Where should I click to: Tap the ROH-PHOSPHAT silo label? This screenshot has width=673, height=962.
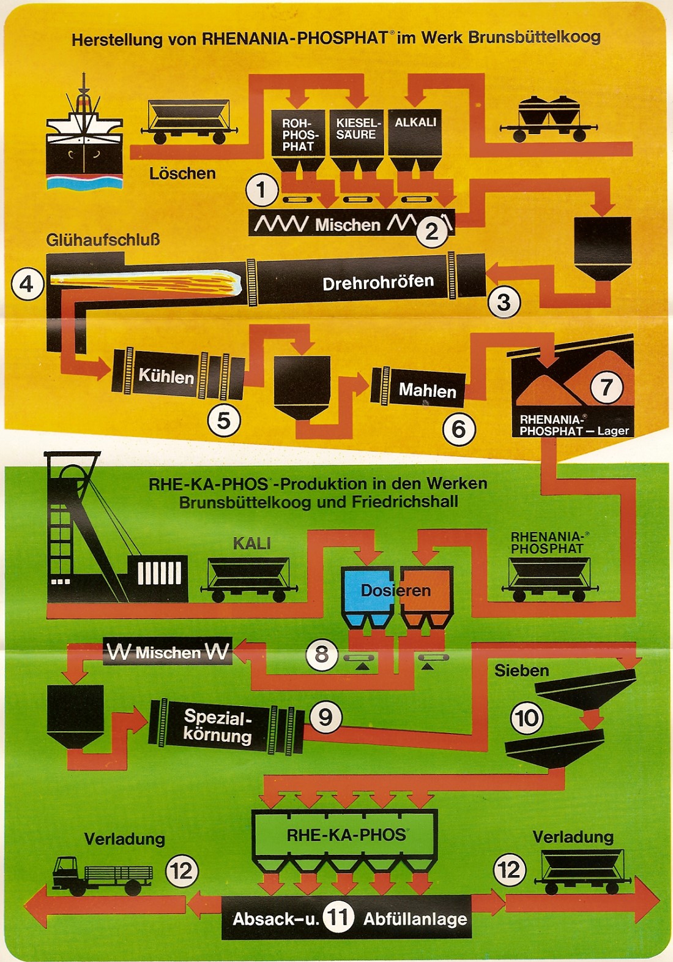[298, 135]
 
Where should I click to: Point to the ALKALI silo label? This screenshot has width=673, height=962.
[415, 122]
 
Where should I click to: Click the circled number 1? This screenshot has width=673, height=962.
[262, 190]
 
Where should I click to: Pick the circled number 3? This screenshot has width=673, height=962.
[504, 302]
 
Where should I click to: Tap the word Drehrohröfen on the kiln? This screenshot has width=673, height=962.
[378, 283]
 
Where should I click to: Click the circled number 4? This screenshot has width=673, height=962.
[27, 284]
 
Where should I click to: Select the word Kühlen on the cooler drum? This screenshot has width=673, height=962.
[166, 375]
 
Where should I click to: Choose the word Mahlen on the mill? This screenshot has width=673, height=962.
[427, 391]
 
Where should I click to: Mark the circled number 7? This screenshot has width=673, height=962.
[606, 387]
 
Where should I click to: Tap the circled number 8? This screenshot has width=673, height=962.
[322, 654]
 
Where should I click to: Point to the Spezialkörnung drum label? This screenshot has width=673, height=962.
[218, 726]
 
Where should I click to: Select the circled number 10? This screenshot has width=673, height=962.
[527, 718]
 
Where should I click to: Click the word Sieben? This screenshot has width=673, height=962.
[521, 671]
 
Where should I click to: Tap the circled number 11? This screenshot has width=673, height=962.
[338, 917]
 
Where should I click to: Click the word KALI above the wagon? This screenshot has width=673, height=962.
[251, 543]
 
